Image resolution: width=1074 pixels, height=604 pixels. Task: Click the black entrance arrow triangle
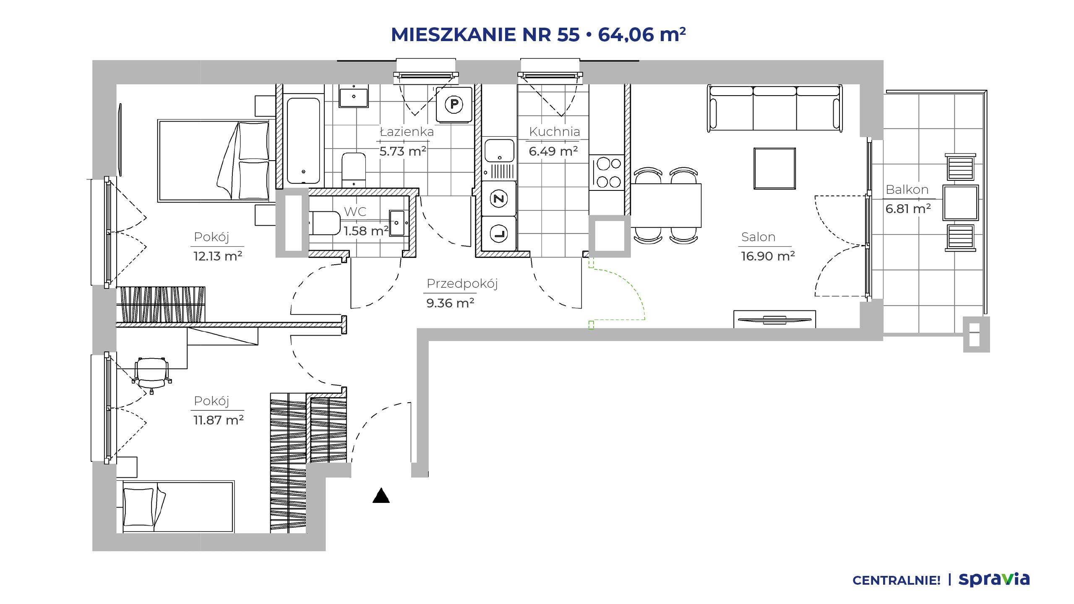click(381, 496)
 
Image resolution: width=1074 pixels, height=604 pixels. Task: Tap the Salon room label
click(758, 237)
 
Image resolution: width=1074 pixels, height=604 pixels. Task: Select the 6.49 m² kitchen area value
click(553, 151)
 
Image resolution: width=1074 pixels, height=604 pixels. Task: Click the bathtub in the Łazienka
click(303, 141)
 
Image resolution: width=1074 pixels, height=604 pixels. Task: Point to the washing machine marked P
click(454, 104)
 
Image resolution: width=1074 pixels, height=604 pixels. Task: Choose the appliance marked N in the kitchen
click(499, 198)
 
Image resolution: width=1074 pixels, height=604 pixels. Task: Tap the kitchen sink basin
click(499, 151)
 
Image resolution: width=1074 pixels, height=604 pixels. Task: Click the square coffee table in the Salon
click(774, 169)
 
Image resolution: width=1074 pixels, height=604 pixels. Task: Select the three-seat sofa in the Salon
click(775, 109)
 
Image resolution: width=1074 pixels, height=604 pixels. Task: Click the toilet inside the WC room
click(325, 223)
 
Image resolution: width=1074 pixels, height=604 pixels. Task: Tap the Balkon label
click(907, 190)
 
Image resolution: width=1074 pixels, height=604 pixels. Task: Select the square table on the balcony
click(961, 203)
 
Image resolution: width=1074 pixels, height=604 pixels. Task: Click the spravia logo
click(994, 579)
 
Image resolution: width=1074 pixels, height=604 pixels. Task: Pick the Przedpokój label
click(462, 284)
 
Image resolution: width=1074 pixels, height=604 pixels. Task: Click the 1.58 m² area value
click(366, 231)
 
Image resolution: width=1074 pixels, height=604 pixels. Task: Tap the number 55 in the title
click(568, 34)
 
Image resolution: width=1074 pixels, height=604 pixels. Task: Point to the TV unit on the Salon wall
click(774, 319)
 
